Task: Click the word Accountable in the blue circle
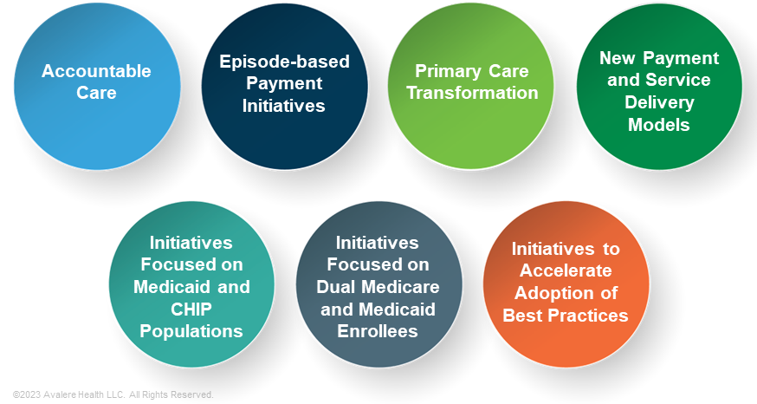96,71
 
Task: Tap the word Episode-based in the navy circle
284,62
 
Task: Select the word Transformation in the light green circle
472,93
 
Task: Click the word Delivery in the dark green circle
660,102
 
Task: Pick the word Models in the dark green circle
660,125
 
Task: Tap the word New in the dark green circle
618,58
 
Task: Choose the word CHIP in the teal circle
191,309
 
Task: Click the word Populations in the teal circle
191,331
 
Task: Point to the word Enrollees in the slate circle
377,331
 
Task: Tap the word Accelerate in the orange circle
566,270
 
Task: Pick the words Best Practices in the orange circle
566,316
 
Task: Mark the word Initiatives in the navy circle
284,106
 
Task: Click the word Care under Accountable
96,93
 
